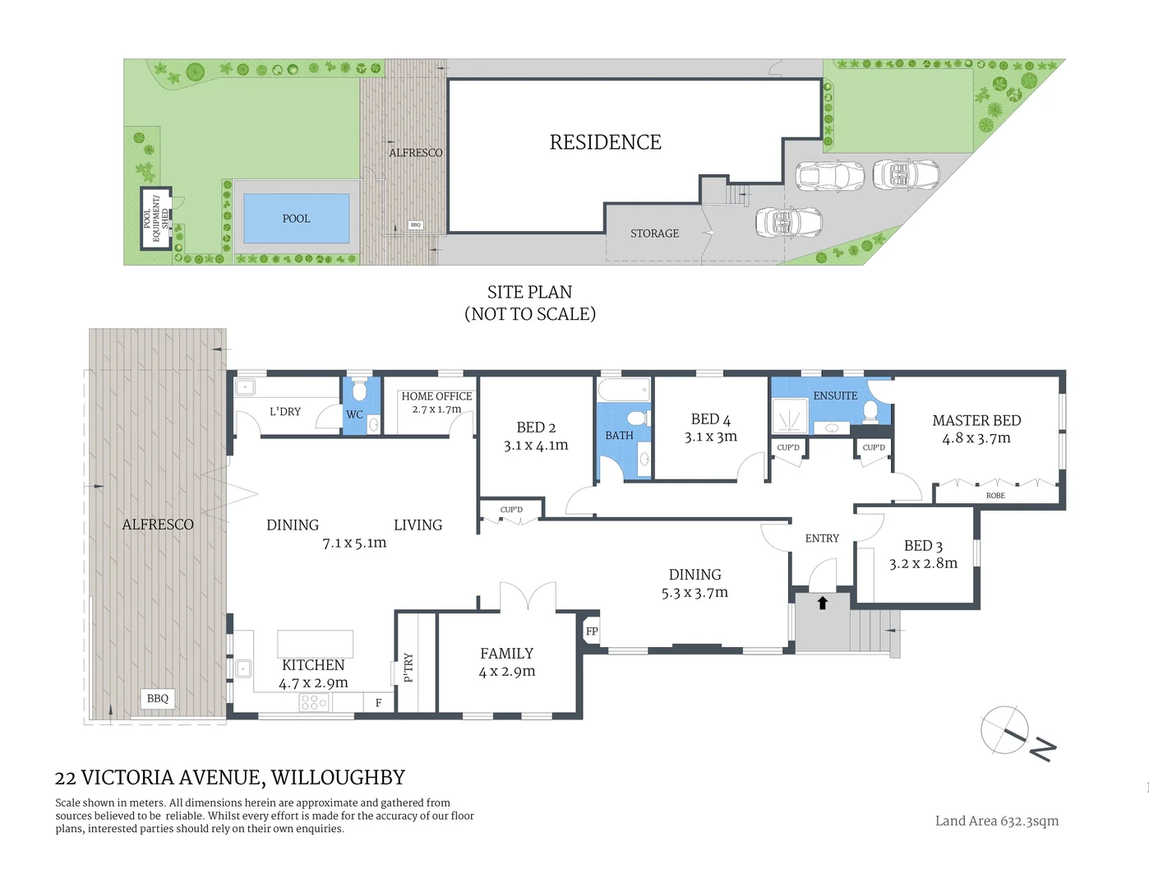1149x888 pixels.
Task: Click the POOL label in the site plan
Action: tap(296, 219)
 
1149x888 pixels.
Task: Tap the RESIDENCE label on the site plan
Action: tap(605, 142)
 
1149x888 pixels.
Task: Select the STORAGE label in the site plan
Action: tap(654, 234)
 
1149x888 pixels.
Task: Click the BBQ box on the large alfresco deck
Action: tap(157, 698)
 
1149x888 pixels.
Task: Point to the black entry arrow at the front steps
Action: tap(822, 603)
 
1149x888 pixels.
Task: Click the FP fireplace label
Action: tap(592, 631)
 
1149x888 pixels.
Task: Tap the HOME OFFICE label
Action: tap(436, 396)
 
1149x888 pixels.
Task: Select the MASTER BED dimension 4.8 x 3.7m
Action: tap(976, 438)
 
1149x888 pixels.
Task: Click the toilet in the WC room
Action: tap(359, 391)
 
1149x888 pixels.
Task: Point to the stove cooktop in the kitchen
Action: tap(314, 702)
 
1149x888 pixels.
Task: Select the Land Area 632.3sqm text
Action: tap(996, 821)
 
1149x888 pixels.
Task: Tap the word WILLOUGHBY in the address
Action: tap(338, 777)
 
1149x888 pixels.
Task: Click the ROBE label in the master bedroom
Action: tap(995, 496)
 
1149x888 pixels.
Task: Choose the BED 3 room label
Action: tap(923, 546)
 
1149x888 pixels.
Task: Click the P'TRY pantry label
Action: tap(408, 668)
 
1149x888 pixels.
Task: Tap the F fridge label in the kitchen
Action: tap(378, 703)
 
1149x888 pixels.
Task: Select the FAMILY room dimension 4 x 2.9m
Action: tap(507, 672)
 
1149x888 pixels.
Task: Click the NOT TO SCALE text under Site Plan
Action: tap(529, 314)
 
